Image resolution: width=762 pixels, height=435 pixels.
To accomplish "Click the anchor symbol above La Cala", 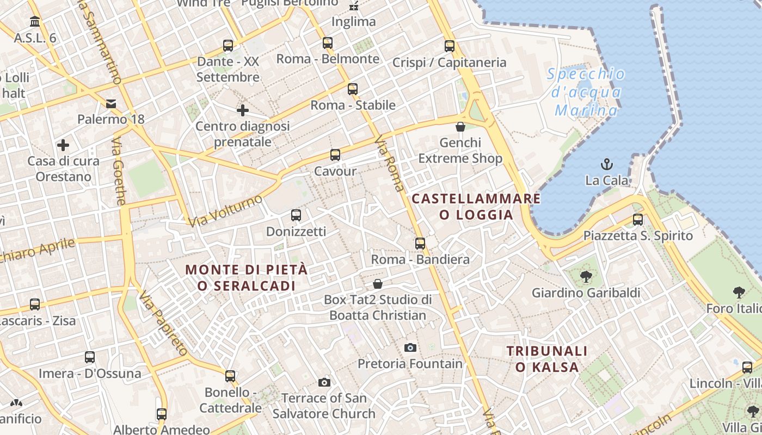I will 606,164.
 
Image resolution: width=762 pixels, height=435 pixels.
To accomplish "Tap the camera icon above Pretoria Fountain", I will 410,347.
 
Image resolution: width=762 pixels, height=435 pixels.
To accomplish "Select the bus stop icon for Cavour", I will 335,155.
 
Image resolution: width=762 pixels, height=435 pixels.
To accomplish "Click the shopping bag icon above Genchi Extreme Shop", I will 460,127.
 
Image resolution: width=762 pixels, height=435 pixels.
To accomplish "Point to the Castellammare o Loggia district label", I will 476,207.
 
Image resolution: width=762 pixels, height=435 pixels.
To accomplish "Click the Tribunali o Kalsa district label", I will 547,359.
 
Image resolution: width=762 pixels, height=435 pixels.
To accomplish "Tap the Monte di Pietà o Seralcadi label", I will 247,277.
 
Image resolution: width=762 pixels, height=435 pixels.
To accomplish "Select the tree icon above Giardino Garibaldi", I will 586,277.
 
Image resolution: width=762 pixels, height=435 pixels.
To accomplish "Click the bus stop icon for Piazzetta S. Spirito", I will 638,220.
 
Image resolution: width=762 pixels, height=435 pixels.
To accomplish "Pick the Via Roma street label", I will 390,164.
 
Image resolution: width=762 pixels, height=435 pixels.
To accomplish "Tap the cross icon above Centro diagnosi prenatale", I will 243,110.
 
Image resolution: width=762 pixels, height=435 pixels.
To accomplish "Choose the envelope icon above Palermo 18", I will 111,103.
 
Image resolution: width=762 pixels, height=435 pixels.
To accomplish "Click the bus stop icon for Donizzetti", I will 296,215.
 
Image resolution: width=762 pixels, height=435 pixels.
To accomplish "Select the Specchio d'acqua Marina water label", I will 586,92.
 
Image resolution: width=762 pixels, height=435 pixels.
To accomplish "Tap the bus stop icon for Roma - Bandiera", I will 420,243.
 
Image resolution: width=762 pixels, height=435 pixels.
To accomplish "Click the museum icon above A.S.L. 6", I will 35,22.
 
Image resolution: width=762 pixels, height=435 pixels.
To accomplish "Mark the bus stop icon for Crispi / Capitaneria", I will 450,46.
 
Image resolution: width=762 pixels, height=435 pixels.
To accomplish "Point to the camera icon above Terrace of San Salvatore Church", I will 324,382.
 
